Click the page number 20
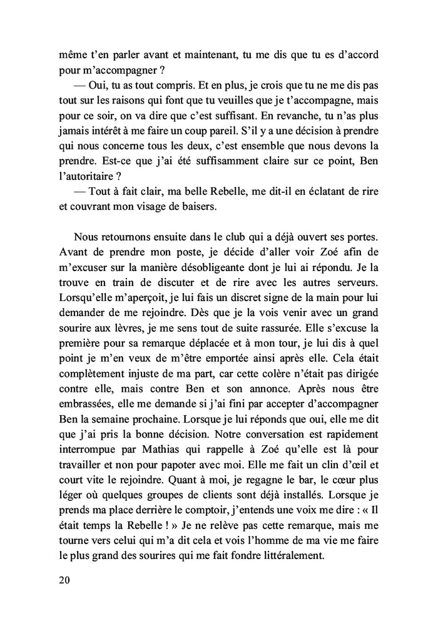tap(62, 580)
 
